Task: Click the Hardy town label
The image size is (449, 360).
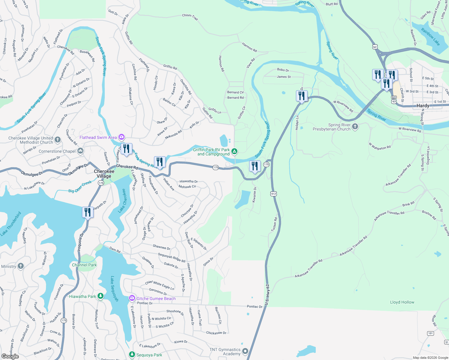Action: click(x=423, y=106)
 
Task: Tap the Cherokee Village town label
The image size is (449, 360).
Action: click(x=104, y=174)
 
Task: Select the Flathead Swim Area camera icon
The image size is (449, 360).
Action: click(x=122, y=137)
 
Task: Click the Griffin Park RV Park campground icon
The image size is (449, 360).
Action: click(x=234, y=151)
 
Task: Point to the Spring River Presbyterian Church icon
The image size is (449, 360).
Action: click(x=355, y=127)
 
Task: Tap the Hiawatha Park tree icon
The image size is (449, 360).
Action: click(x=101, y=296)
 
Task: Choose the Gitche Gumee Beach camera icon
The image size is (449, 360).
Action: click(x=132, y=298)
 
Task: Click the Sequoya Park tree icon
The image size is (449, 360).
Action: click(x=132, y=355)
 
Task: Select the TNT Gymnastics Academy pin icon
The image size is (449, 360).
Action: click(x=245, y=351)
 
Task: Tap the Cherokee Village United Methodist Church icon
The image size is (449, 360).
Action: click(x=58, y=140)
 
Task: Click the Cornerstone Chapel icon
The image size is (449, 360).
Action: click(x=80, y=151)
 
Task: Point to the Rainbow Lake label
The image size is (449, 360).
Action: click(x=430, y=37)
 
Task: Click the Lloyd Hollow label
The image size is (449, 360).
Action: click(x=402, y=302)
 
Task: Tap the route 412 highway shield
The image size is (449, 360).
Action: click(x=273, y=194)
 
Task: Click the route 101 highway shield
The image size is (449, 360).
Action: click(x=430, y=333)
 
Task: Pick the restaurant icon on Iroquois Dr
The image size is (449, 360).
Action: click(x=87, y=212)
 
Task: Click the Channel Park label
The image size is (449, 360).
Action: click(x=84, y=265)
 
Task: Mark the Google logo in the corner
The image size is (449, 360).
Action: click(x=10, y=356)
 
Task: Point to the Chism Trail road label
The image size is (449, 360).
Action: click(x=190, y=17)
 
